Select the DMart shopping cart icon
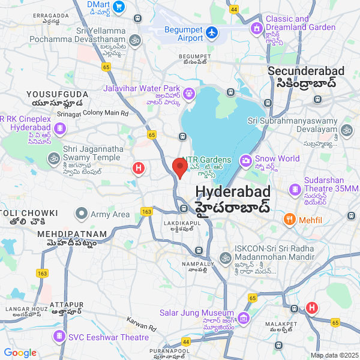[x=119, y=7]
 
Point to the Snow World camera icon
[x=246, y=160]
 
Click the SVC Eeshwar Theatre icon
[x=59, y=337]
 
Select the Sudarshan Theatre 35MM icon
[x=295, y=190]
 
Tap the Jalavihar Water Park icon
[x=188, y=93]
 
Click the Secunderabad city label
[x=306, y=71]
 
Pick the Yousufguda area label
[x=57, y=95]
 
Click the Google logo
[x=20, y=353]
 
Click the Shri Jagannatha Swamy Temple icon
[x=53, y=158]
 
